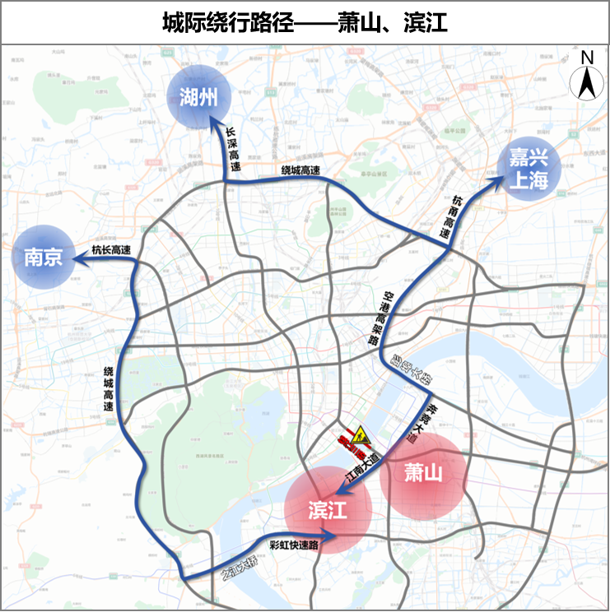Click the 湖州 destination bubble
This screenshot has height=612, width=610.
coord(198,97)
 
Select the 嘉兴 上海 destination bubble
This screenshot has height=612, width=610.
coord(528,169)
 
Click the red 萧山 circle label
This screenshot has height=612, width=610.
coord(423,473)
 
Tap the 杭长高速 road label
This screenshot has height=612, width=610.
coord(111,250)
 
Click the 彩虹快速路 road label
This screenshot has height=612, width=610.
coord(293,544)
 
